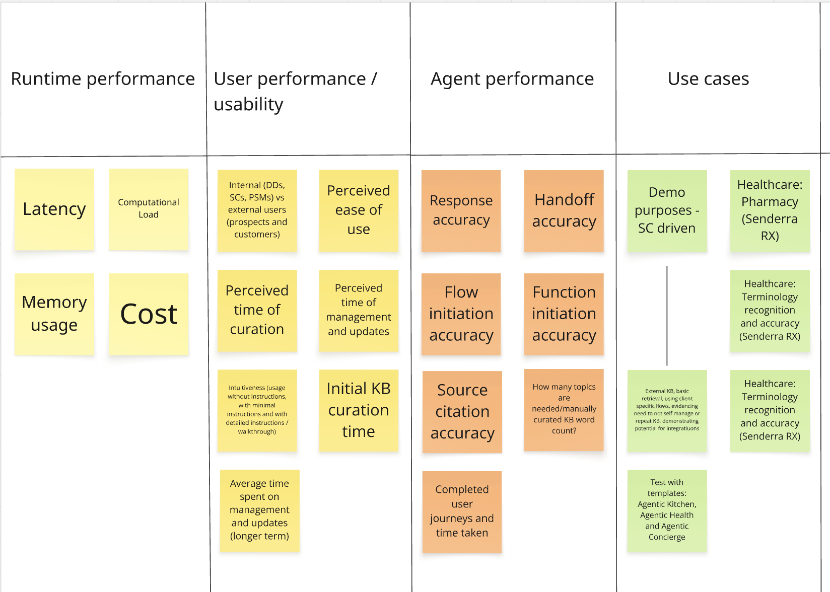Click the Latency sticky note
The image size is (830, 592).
[54, 209]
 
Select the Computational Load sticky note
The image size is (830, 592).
[149, 209]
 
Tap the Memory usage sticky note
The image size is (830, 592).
[54, 314]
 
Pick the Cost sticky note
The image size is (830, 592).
[149, 314]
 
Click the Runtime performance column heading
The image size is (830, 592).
[103, 79]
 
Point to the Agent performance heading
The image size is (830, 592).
[512, 79]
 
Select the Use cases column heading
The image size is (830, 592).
[708, 79]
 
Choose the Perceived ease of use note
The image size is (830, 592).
[359, 210]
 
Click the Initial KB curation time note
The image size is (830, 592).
[359, 410]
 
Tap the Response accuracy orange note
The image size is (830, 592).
[461, 210]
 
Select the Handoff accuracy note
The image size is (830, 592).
[564, 210]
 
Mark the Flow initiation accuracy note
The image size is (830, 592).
[461, 314]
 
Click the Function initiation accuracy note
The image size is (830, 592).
[564, 314]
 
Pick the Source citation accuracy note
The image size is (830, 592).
[462, 411]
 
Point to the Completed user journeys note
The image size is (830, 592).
[462, 511]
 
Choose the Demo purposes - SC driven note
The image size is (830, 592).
[667, 210]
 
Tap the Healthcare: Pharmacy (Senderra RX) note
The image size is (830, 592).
[770, 210]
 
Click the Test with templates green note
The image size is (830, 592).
[667, 510]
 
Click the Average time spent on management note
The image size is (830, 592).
[259, 510]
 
